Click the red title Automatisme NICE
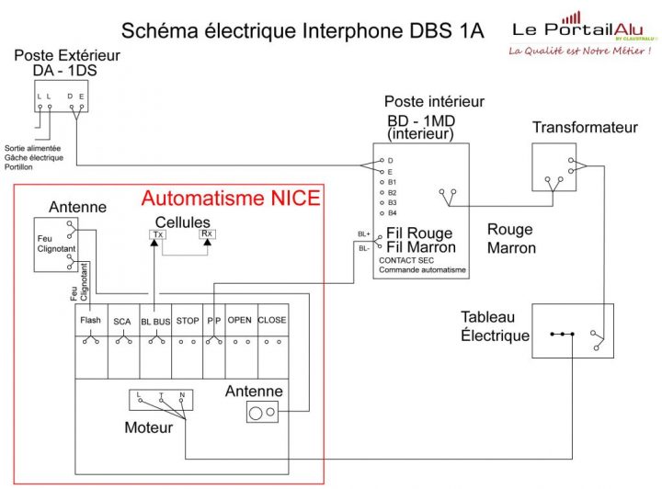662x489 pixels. point(231,198)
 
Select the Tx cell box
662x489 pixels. point(157,234)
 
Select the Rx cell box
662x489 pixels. point(207,234)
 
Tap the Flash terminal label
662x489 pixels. point(90,321)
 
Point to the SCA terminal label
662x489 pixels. point(122,321)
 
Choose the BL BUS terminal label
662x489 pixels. point(155,321)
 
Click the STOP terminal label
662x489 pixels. point(188,321)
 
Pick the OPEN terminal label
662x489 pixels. point(239,321)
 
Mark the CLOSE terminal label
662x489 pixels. point(272,321)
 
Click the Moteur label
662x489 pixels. point(148,428)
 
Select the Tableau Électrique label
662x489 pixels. point(496,326)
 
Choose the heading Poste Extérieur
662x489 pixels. point(67,56)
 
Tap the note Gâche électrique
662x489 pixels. point(34,157)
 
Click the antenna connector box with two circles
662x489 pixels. point(262,413)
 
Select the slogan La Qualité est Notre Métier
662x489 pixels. point(580,51)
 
